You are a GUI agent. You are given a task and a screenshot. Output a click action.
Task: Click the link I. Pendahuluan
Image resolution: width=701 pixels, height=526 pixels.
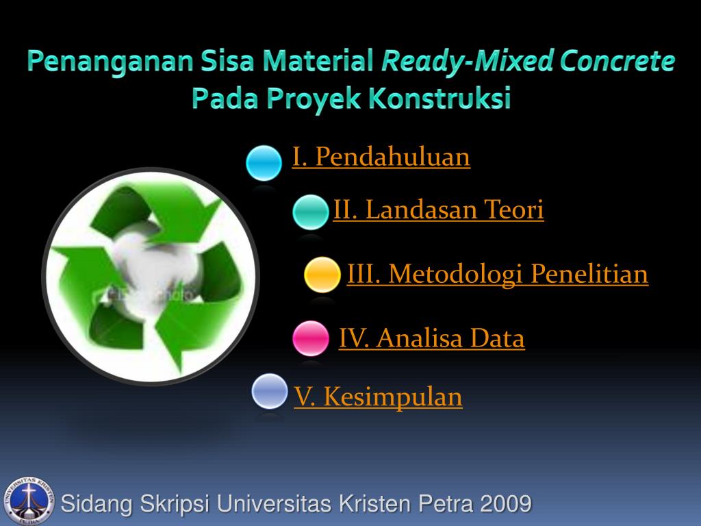pos(381,157)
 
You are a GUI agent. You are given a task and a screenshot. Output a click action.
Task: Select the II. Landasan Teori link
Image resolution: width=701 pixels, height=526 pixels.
pos(438,210)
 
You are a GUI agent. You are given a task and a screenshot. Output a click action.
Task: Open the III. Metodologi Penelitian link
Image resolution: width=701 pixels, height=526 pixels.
pos(497,274)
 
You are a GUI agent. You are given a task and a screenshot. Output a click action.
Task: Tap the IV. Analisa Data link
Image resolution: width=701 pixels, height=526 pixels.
pos(431,338)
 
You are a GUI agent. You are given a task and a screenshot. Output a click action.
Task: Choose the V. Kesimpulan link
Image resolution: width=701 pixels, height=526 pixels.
pos(378,397)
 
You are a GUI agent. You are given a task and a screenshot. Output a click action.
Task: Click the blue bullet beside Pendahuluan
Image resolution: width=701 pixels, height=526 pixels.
pos(264,162)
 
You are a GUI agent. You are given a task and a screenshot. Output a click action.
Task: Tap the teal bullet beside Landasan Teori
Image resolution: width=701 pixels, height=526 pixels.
pos(310,212)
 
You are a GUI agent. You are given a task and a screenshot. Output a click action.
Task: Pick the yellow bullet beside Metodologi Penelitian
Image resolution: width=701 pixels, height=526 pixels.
pos(322,275)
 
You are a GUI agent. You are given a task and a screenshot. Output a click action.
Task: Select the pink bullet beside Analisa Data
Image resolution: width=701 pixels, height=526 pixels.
pos(310,338)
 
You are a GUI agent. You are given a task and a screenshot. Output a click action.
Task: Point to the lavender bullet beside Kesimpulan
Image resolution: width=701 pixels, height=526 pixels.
pos(269,391)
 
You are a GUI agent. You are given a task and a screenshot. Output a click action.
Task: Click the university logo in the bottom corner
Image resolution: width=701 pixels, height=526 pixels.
pos(27,499)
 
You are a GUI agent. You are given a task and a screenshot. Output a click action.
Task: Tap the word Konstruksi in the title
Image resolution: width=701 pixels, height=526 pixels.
pos(440,99)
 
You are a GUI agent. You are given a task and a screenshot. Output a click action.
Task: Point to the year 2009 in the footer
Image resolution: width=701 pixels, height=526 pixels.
pos(505,504)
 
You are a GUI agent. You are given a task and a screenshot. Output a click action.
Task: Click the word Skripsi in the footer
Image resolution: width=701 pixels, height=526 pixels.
pos(177,504)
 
